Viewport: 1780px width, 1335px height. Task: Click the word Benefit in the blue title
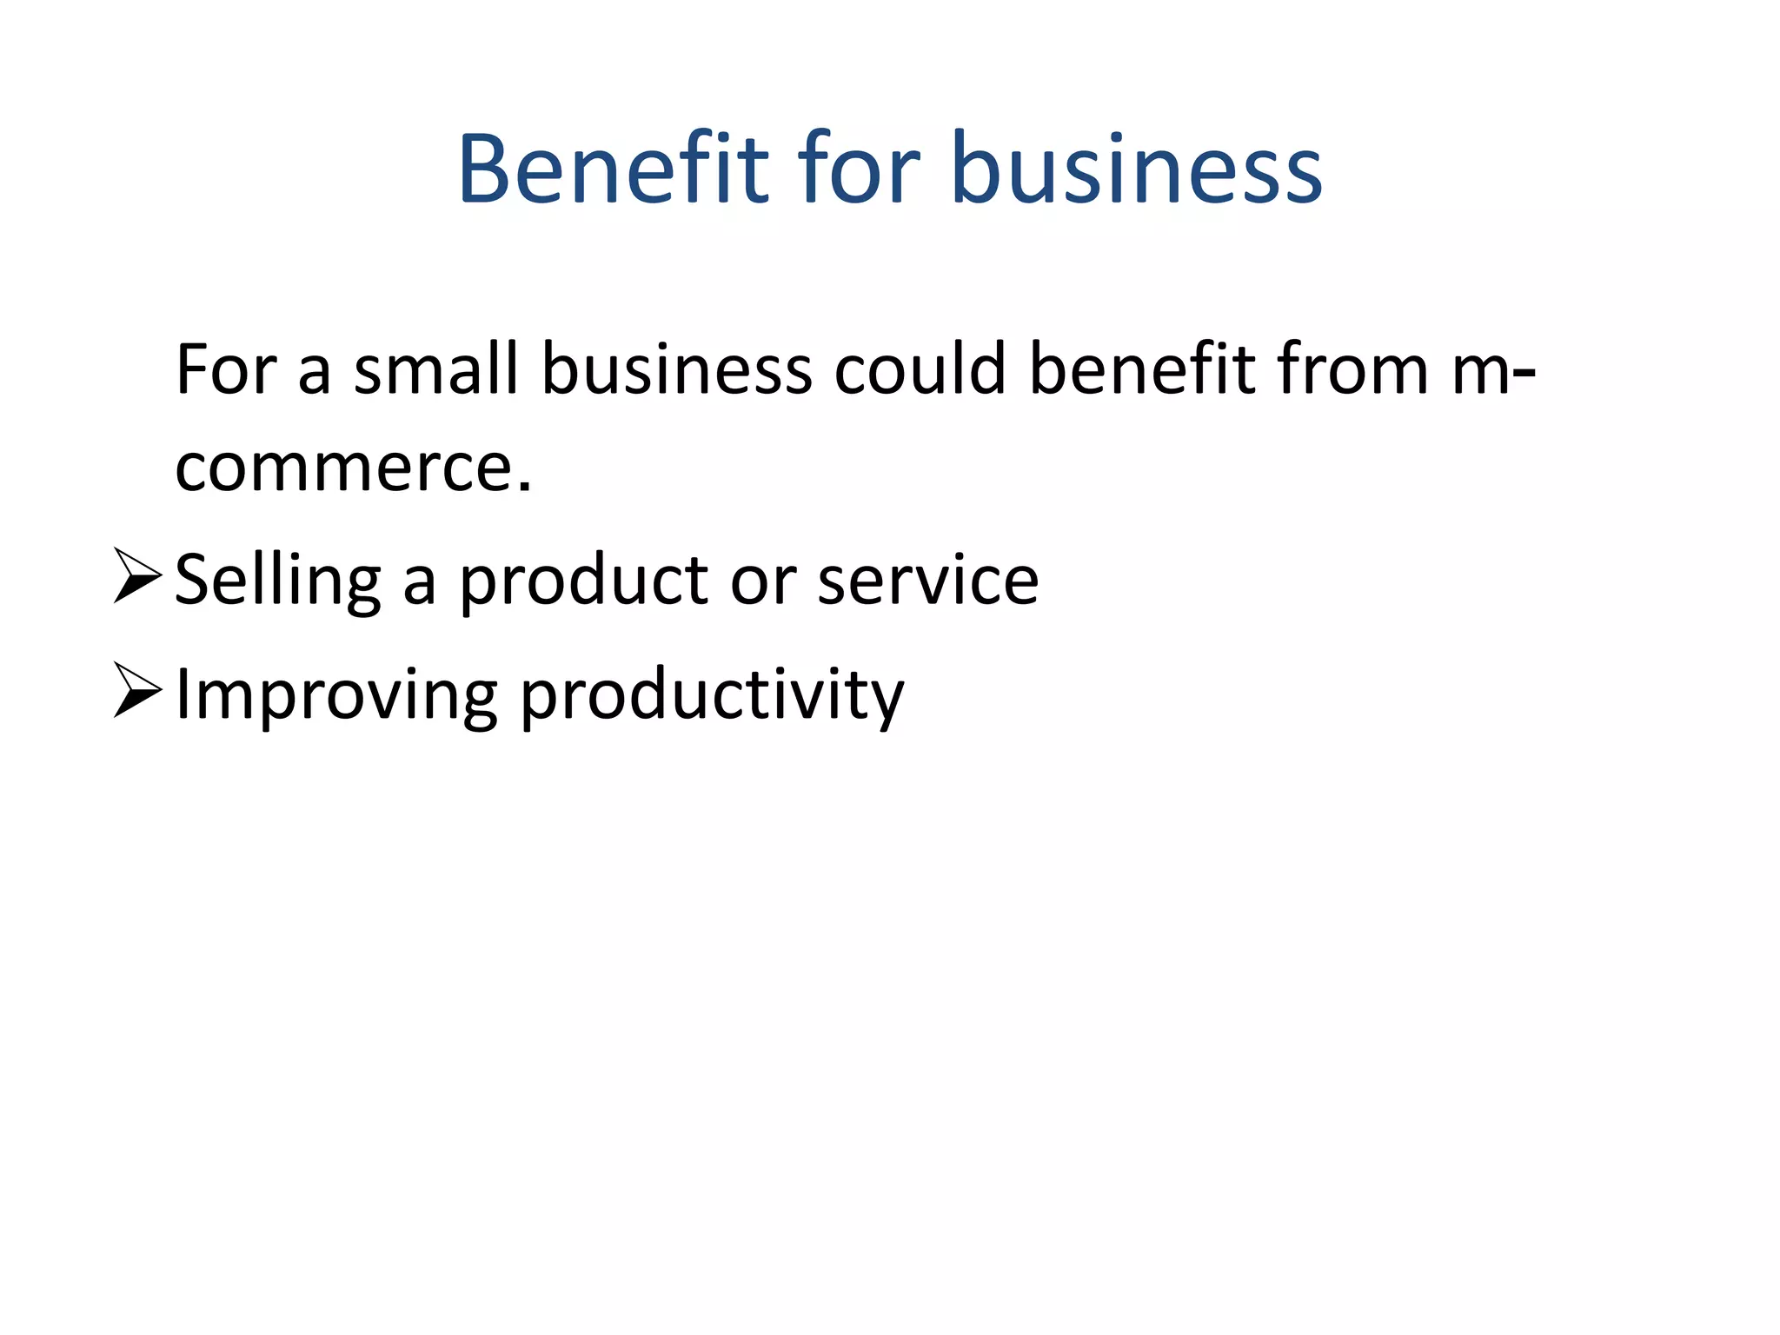(x=614, y=169)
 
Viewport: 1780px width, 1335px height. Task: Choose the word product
(x=583, y=581)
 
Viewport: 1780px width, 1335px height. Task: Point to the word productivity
(x=712, y=695)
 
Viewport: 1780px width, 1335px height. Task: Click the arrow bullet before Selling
(x=137, y=575)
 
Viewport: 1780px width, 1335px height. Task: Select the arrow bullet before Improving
(x=137, y=690)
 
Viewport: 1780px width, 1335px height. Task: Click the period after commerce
(x=524, y=487)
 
